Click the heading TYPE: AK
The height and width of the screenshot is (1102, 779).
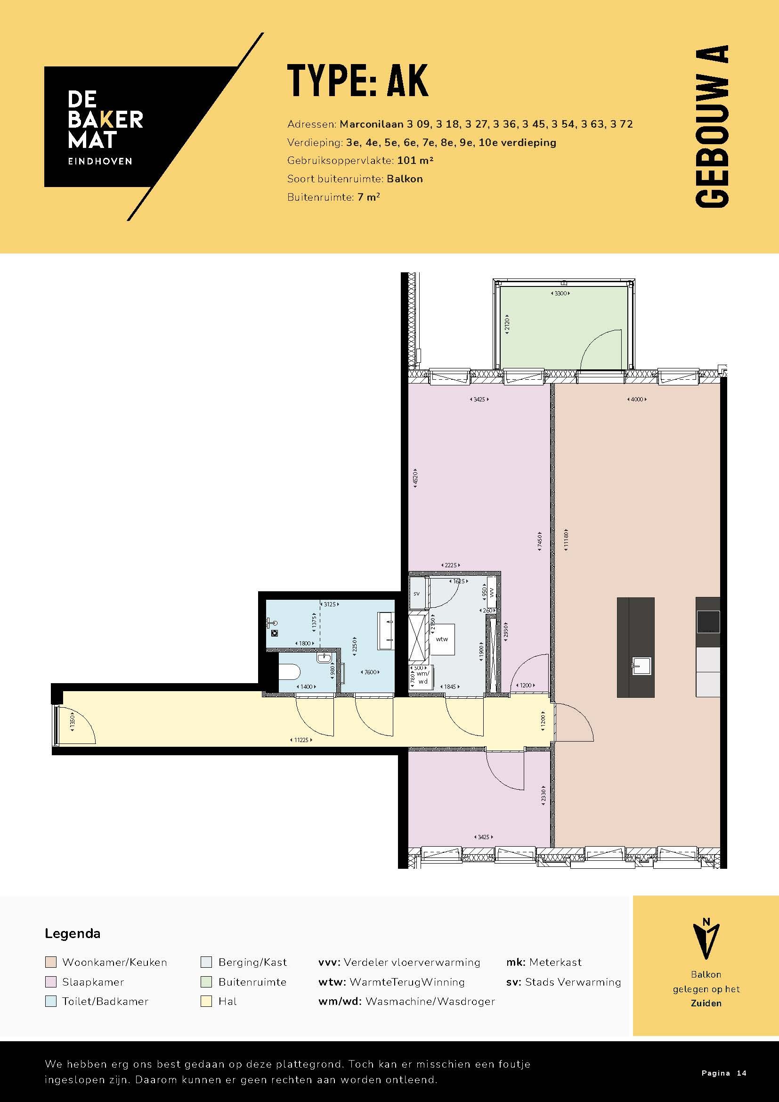357,81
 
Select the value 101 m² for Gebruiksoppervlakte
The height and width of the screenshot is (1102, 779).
415,160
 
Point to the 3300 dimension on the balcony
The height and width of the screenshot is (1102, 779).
560,293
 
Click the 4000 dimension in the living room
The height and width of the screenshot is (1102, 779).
637,400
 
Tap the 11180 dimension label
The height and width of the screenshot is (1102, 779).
566,540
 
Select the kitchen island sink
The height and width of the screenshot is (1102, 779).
641,666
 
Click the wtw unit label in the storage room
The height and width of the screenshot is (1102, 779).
442,639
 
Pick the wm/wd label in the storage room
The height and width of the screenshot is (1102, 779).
422,677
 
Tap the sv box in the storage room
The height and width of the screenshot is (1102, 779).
416,594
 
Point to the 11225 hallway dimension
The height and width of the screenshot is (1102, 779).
301,740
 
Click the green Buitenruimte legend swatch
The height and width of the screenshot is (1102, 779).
206,982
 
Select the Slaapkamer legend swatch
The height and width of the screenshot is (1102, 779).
50,982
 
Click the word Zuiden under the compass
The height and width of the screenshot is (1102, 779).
706,1003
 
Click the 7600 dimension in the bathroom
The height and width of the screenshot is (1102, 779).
370,672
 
